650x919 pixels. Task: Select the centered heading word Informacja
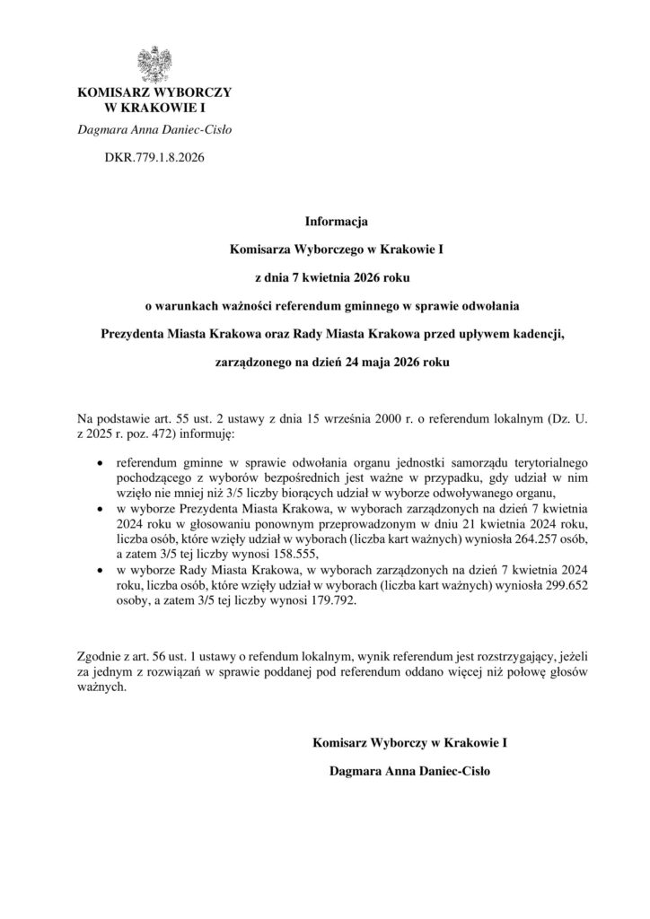pyautogui.click(x=324, y=219)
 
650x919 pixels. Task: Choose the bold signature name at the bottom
pyautogui.click(x=411, y=770)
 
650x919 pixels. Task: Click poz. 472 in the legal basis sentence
pyautogui.click(x=139, y=434)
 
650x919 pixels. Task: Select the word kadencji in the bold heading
pyautogui.click(x=538, y=335)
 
